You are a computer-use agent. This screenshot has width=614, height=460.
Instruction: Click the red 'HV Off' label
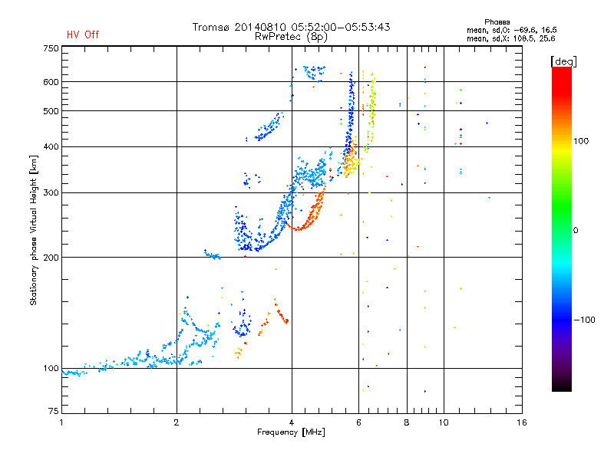tap(83, 34)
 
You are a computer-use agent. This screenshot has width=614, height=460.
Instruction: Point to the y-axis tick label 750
tap(51, 48)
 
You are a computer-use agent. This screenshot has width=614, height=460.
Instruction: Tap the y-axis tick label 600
tap(51, 81)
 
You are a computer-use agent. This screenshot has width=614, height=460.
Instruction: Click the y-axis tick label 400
tap(51, 146)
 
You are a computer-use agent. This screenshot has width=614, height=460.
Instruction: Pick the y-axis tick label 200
tap(51, 257)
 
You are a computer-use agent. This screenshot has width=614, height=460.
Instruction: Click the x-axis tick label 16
tap(522, 422)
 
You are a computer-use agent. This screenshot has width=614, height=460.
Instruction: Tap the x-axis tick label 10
tap(443, 422)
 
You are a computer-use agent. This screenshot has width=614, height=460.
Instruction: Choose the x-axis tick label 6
tap(358, 422)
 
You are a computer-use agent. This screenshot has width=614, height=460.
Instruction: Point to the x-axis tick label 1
tap(61, 422)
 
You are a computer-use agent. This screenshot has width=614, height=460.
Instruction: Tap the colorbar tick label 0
tap(576, 230)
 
